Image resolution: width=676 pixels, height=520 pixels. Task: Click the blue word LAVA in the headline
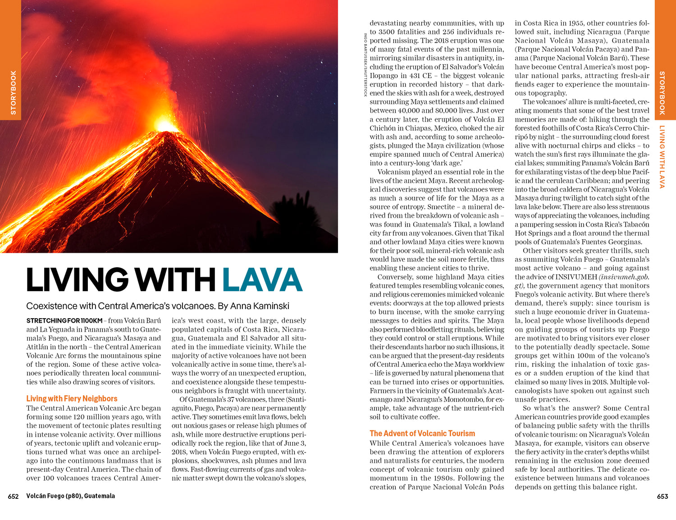pos(262,280)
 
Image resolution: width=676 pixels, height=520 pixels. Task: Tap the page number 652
pos(13,496)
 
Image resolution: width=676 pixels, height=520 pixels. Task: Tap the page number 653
pos(662,496)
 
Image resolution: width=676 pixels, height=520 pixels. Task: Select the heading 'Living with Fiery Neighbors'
pos(72,398)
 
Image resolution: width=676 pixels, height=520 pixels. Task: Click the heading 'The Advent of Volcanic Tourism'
pos(422,433)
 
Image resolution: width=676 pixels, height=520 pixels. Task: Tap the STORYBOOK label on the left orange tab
pos(13,92)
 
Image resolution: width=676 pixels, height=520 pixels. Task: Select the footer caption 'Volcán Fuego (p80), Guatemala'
pos(70,496)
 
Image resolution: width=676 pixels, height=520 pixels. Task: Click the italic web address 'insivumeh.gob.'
pos(624,277)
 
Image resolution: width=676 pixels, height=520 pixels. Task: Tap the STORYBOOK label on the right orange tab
pos(662,92)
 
